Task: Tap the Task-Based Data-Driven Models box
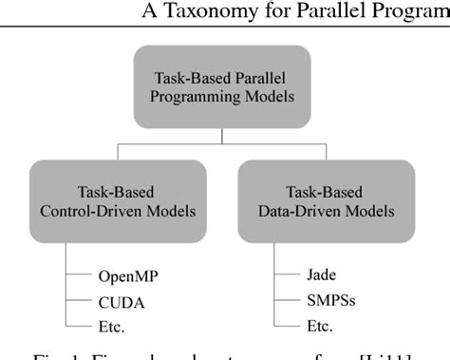coord(326,200)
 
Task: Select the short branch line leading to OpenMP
coord(78,277)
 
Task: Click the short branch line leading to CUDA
coord(78,302)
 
